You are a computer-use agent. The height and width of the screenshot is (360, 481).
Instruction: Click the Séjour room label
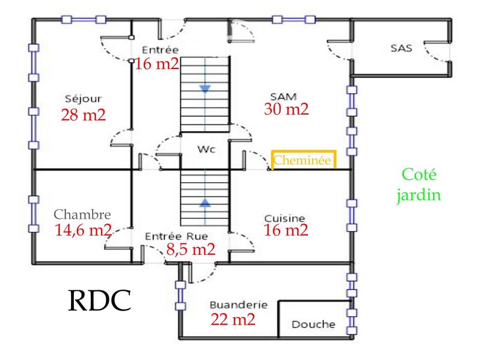pos(83,99)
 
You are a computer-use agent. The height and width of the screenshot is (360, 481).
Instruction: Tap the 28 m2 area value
pos(83,115)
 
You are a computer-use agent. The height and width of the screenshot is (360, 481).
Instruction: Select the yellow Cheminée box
pos(303,160)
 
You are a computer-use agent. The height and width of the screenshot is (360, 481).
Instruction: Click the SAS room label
pos(401,48)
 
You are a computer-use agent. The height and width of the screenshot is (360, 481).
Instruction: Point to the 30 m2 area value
pos(286,109)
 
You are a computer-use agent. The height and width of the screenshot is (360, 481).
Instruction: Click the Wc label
pos(206,148)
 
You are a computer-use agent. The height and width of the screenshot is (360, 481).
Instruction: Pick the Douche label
pos(313,325)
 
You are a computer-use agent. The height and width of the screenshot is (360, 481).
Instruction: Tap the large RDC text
pos(97,301)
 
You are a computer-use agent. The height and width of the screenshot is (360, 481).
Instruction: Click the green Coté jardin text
pos(421,185)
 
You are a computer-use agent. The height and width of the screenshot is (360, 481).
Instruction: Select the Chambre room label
pos(82,214)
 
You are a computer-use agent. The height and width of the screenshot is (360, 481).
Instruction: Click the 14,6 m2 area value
pos(82,230)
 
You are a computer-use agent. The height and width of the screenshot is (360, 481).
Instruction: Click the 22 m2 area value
pos(233,320)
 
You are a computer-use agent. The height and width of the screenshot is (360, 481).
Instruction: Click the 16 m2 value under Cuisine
pos(286,230)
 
